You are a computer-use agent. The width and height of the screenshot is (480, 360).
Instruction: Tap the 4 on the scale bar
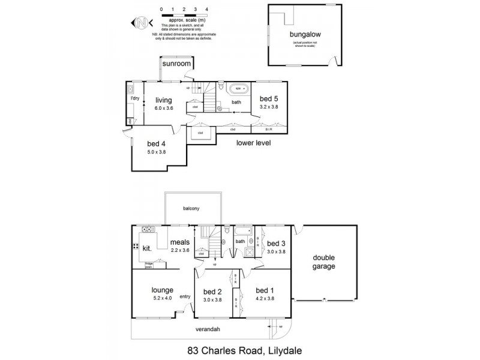[206, 10]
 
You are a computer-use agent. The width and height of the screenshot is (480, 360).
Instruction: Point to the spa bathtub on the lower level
[239, 88]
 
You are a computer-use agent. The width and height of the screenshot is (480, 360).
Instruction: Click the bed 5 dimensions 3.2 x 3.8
[268, 106]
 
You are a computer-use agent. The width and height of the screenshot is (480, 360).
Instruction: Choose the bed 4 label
[156, 144]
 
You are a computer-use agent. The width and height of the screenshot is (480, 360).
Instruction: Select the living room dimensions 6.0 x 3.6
[164, 108]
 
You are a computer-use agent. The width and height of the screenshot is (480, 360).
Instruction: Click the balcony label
[191, 208]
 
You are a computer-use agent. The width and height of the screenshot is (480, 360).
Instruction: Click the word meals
[180, 242]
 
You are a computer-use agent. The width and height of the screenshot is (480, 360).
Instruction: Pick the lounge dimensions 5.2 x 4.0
[163, 298]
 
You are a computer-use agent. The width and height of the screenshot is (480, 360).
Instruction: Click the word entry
[185, 295]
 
